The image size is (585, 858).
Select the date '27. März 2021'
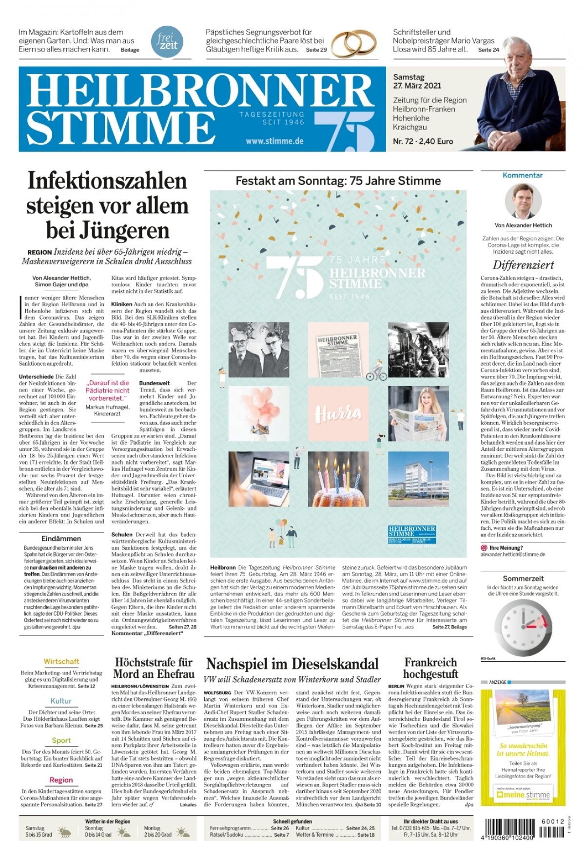coord(417,86)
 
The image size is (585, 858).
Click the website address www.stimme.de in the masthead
coord(274,141)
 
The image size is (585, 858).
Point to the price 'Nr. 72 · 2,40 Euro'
coord(423,141)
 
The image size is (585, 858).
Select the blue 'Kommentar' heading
coord(523,175)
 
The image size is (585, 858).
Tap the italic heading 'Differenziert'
coord(523,265)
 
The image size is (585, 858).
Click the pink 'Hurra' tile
coord(338,413)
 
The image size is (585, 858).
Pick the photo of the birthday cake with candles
coord(338,479)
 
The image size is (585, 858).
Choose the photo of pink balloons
coord(258,413)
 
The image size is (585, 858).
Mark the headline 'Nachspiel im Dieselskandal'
coord(292,664)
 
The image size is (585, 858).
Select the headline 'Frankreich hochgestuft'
coord(430,668)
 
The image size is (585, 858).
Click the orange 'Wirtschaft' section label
coord(61,661)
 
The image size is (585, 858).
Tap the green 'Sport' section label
coord(61,740)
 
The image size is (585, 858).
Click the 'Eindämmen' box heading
coord(61,539)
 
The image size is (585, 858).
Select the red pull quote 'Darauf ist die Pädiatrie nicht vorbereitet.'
coord(107,391)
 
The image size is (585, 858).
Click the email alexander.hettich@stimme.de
coord(513,554)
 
